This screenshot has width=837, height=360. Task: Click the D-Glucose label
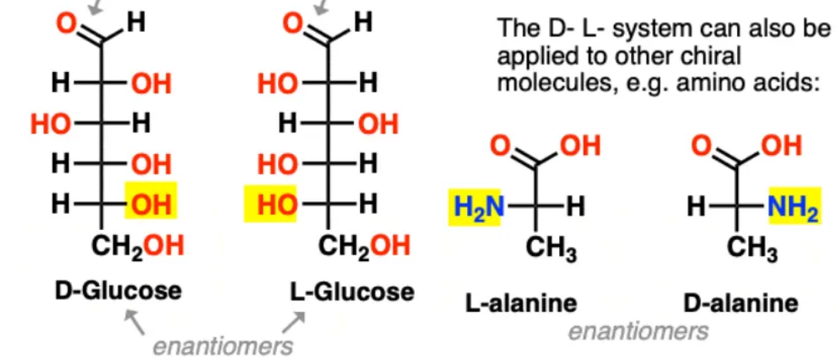118,291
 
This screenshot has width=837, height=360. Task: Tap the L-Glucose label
352,292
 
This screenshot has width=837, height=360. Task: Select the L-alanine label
521,303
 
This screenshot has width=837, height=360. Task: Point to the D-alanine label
742,303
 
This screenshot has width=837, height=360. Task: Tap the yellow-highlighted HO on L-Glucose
270,204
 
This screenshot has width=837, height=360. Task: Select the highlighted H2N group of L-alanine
475,207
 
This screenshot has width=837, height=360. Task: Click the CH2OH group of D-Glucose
138,245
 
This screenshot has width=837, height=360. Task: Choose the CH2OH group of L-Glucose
365,245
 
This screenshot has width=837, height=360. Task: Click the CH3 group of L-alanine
551,249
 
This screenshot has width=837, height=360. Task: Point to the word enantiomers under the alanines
639,331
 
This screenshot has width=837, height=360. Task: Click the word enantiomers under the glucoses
222,346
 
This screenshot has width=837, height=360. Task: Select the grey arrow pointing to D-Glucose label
135,323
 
